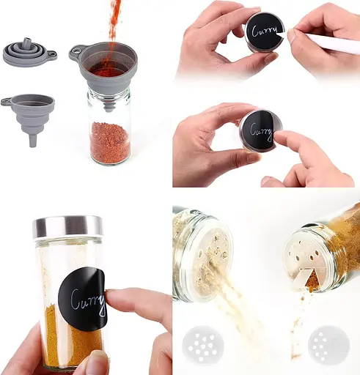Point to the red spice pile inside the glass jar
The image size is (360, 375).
pos(109,141)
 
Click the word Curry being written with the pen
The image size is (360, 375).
pos(265,31)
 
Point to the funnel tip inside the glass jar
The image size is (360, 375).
pos(109,108)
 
